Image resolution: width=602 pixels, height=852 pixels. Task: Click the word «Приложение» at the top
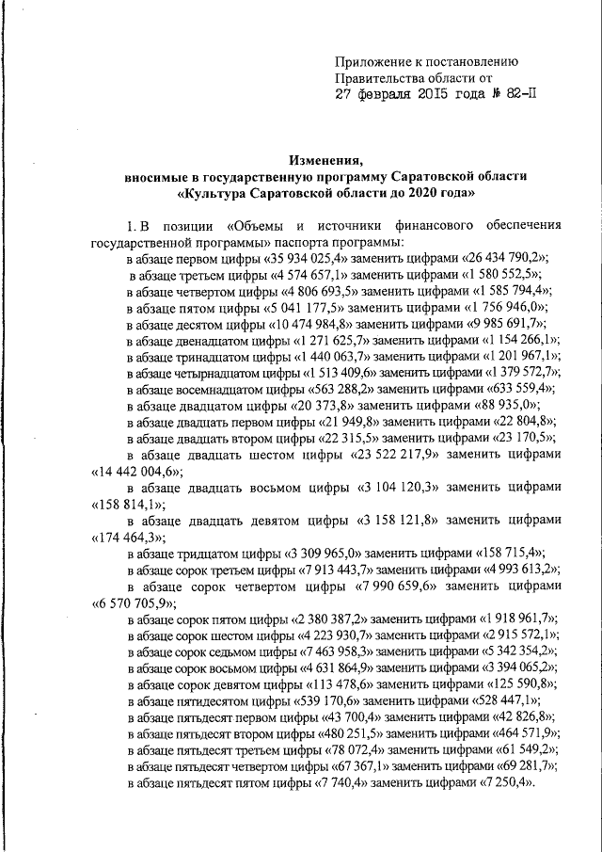374,61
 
